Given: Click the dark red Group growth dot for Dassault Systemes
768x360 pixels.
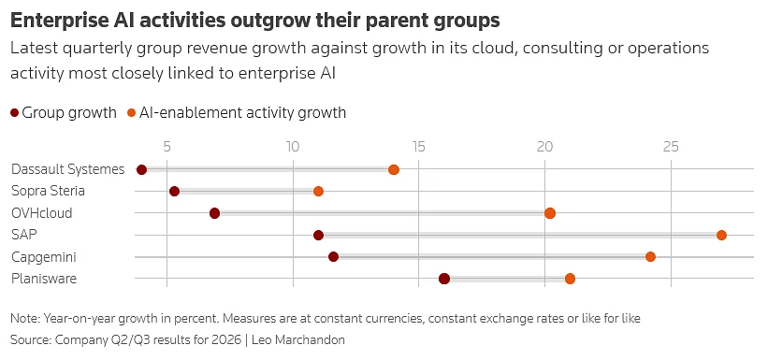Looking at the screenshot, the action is tap(141, 170).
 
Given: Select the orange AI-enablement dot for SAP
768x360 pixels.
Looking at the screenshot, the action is tap(721, 236).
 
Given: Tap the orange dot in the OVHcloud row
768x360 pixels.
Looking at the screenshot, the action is tap(550, 213).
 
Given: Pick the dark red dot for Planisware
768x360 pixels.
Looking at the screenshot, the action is tap(444, 279).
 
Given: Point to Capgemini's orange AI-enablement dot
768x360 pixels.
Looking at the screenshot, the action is tap(650, 257).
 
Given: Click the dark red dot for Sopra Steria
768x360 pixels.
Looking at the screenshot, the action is tap(174, 191).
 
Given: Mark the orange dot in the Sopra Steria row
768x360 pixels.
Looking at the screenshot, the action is tap(318, 191).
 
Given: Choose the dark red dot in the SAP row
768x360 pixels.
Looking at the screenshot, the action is tap(318, 236).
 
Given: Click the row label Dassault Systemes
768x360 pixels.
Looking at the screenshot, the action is tap(68, 169).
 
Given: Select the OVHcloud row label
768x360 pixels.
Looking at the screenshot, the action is tap(42, 213).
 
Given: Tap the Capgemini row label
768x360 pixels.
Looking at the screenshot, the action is tap(44, 257).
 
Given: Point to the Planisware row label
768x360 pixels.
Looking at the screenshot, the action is tap(44, 279).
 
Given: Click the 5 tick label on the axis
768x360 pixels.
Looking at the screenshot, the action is tap(167, 147).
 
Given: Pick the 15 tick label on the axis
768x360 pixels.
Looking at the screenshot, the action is tap(418, 147).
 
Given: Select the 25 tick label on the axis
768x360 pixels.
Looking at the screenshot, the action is tap(671, 147).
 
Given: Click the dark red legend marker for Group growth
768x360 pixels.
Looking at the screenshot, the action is tap(15, 113).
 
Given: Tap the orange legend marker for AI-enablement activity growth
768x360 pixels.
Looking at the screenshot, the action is tap(131, 113).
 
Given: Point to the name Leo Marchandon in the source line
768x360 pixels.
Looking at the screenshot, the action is tap(297, 340).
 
